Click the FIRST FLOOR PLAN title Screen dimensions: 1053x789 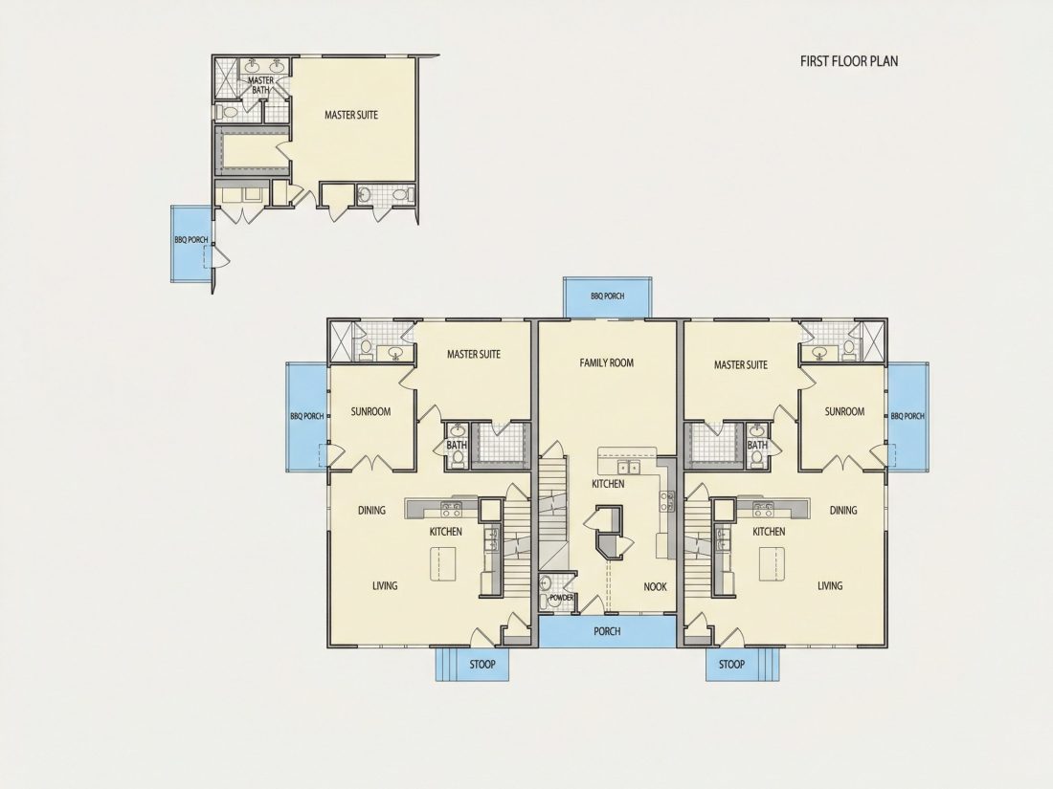pos(849,61)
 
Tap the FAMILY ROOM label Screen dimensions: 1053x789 pos(606,363)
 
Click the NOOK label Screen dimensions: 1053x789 pos(656,586)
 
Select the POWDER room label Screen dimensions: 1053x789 pos(561,597)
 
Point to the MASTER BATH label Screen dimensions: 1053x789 pos(260,84)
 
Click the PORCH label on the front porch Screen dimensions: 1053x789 pos(607,631)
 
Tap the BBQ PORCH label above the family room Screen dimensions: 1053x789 pos(607,296)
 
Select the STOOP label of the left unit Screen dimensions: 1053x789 pos(482,665)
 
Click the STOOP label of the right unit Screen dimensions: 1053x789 pos(731,665)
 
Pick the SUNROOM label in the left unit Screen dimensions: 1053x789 pos(370,411)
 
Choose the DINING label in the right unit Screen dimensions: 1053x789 pos(843,510)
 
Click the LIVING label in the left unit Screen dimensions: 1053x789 pos(385,585)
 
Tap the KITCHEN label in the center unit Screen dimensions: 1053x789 pos(608,484)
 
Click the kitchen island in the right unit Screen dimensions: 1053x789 pos(772,563)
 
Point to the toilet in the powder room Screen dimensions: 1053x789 pos(546,583)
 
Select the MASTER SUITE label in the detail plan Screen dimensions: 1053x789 pos(351,115)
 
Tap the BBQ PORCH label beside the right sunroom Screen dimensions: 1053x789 pos(907,416)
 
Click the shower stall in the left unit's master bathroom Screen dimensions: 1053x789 pos(340,340)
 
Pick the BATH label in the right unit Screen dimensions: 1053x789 pos(757,446)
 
